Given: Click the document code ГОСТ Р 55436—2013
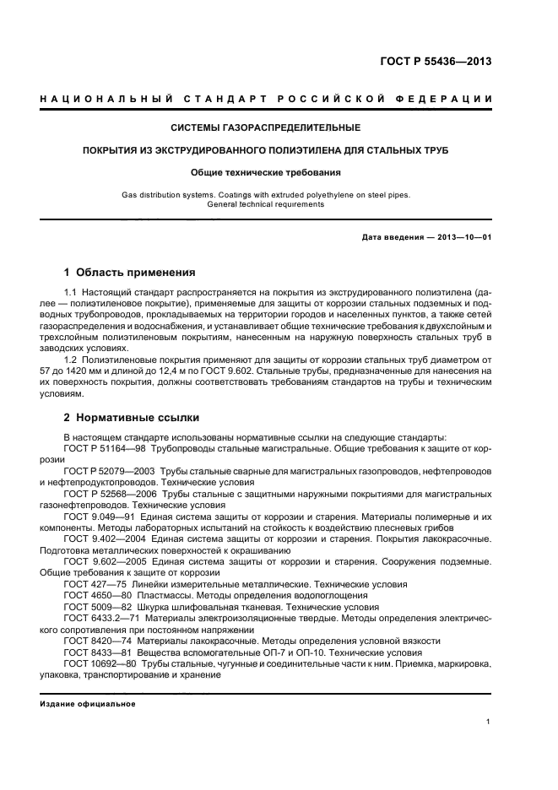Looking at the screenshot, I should [436, 62].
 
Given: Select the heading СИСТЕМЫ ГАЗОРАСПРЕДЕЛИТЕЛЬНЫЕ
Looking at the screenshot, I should [266, 128].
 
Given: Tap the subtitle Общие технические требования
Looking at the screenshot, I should [266, 172].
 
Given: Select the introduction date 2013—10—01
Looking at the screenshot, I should [463, 237].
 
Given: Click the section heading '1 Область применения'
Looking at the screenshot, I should [130, 273].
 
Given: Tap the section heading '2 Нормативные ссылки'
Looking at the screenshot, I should [133, 417].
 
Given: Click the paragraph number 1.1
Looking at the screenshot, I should [71, 291].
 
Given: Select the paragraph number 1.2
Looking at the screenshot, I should [71, 359].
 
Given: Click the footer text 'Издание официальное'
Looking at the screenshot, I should [88, 704].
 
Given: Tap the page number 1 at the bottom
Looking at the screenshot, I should [489, 722].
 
